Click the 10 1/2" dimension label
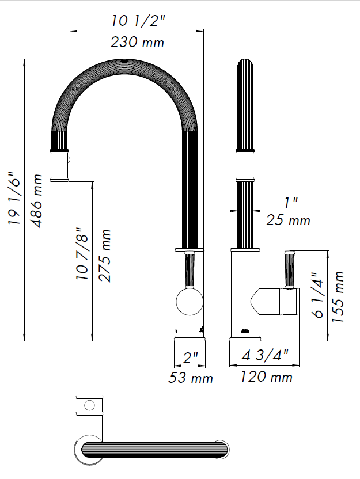click(x=138, y=21)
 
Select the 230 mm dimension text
click(x=137, y=42)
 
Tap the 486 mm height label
click(x=37, y=201)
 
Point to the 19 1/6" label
click(x=14, y=199)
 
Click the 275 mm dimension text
click(x=104, y=256)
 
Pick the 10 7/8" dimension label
click(x=82, y=253)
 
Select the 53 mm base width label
click(x=191, y=378)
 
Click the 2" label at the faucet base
click(x=191, y=358)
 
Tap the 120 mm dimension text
click(x=267, y=377)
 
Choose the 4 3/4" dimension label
click(x=265, y=355)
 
